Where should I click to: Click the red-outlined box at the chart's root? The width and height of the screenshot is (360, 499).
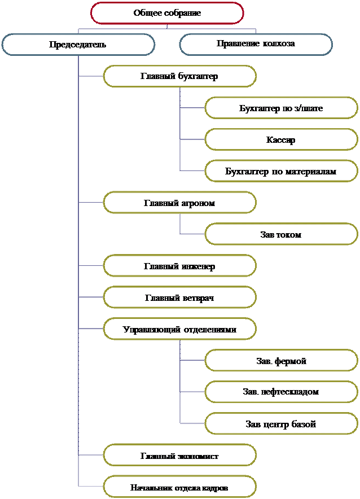click(167, 13)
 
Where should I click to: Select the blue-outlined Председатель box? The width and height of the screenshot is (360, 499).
click(78, 44)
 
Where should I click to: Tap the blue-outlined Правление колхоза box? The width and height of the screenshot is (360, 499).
click(256, 44)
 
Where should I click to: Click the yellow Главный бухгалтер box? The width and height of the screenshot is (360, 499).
click(179, 76)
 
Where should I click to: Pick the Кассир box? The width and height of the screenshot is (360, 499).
click(280, 139)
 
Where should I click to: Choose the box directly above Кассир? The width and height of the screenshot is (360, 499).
click(280, 107)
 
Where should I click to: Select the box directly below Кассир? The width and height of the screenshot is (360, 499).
click(280, 170)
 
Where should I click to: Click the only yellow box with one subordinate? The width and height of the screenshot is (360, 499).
click(179, 203)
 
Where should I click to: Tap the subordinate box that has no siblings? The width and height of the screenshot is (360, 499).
click(280, 234)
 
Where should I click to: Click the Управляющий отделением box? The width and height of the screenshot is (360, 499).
click(179, 329)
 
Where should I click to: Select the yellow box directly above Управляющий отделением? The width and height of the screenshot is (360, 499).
click(179, 297)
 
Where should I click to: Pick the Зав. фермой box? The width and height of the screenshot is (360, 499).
click(280, 360)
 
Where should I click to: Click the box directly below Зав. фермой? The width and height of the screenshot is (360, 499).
click(280, 391)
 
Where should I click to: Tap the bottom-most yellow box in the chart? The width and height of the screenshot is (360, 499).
click(179, 486)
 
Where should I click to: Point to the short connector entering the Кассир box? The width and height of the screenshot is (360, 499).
click(192, 139)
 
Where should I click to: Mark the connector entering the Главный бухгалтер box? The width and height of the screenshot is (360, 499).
click(91, 76)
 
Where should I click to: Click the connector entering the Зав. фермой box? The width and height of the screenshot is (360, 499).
click(192, 360)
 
